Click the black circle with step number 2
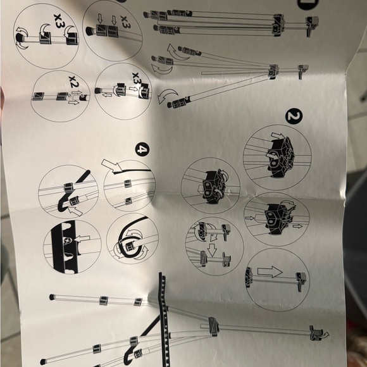tap(294, 116)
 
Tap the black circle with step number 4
tap(142, 149)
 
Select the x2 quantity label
tap(75, 82)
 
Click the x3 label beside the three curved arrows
tap(58, 21)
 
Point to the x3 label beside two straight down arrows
tap(125, 22)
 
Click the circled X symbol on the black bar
tap(68, 240)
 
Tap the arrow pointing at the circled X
tap(82, 239)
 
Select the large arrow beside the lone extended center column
tap(270, 271)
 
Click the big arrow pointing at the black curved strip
tap(111, 165)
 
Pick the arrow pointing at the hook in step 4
tap(75, 211)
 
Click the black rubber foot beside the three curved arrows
tap(20, 37)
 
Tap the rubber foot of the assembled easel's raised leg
tap(52, 297)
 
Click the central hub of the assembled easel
tap(213, 327)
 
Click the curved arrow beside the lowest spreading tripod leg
tap(166, 96)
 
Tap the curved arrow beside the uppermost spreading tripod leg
tap(176, 52)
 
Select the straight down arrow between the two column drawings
tap(212, 250)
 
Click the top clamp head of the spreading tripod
tap(302, 71)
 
